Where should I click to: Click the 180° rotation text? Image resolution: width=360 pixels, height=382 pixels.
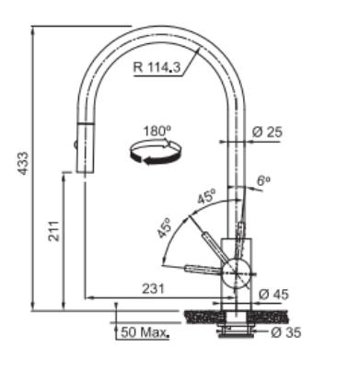point(157,131)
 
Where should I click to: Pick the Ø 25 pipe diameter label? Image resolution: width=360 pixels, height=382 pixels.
point(266,132)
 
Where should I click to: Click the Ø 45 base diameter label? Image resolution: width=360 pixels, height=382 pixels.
point(273,294)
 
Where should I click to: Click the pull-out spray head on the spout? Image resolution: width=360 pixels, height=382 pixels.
point(85,147)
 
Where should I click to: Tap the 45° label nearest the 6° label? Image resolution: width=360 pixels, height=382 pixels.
point(206,196)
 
